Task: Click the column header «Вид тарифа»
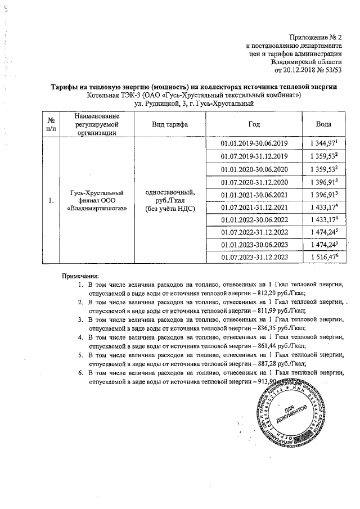170,124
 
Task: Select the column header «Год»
254,124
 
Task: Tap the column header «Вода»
323,124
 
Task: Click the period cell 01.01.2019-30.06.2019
255,145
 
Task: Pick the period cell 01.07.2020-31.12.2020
255,182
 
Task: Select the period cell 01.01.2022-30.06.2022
255,219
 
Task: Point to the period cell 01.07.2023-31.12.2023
255,256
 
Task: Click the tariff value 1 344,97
322,145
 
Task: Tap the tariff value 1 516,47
322,256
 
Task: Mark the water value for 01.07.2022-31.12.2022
322,232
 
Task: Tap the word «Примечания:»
80,276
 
